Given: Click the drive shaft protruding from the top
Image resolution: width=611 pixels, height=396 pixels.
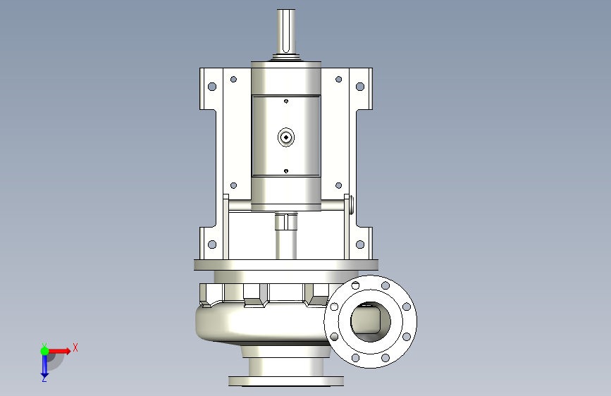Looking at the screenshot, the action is [286, 32].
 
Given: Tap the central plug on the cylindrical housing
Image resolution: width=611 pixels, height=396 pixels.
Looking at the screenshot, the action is [286, 137].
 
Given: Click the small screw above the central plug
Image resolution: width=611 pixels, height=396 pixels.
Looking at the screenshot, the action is [286, 101].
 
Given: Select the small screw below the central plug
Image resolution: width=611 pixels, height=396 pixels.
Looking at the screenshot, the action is [286, 171].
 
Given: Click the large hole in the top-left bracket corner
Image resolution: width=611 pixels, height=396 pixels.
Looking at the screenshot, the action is [212, 86].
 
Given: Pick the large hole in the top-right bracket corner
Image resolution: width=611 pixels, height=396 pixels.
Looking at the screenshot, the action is [360, 86].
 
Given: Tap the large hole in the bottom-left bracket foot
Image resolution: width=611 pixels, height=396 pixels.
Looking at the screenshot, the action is [212, 245].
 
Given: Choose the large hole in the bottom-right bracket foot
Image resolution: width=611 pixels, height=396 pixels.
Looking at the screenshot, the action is [360, 245].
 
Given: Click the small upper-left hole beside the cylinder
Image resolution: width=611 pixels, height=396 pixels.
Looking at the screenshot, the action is [233, 80].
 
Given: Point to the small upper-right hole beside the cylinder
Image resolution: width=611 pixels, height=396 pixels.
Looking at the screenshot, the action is [338, 80].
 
